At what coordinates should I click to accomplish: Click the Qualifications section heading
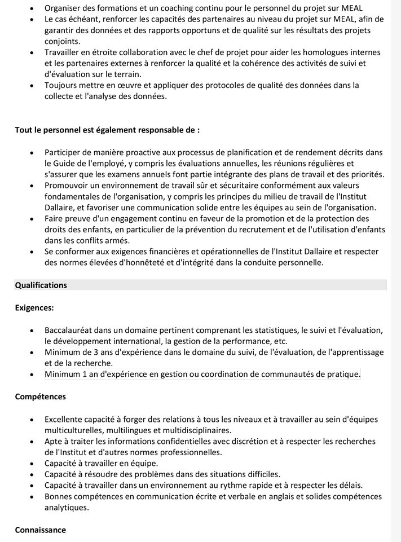tap(41, 285)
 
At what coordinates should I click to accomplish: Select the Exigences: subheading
tap(34, 308)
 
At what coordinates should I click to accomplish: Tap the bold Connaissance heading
tap(40, 530)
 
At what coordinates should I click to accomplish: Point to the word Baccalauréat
tap(71, 330)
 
